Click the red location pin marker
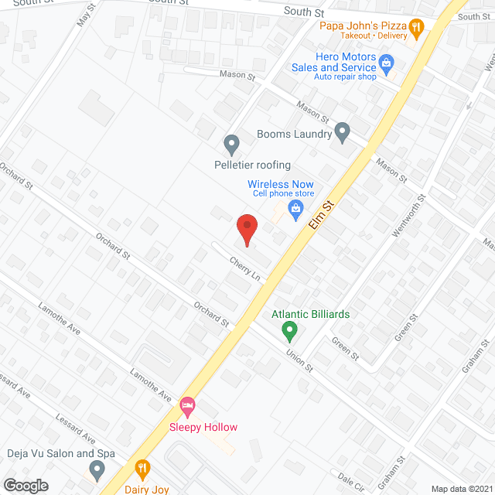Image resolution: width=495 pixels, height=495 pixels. click(x=246, y=230)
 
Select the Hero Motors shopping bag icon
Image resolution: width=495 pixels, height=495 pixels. click(x=387, y=63)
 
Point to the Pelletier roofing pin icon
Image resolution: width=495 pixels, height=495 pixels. click(x=230, y=144)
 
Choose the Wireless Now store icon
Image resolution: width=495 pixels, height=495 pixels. click(x=295, y=208)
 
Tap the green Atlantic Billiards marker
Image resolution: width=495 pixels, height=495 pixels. click(x=289, y=332)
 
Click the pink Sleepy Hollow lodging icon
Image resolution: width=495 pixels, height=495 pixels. click(x=187, y=405)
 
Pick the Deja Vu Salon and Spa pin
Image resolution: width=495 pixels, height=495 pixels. click(x=97, y=469)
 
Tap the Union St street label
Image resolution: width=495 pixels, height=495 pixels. click(x=298, y=359)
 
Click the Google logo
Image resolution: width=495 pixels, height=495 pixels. click(x=26, y=486)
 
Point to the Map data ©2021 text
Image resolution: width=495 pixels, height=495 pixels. click(x=461, y=489)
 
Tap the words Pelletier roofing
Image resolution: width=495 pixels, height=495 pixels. click(x=252, y=165)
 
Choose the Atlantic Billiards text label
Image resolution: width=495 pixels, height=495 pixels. click(x=310, y=314)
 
